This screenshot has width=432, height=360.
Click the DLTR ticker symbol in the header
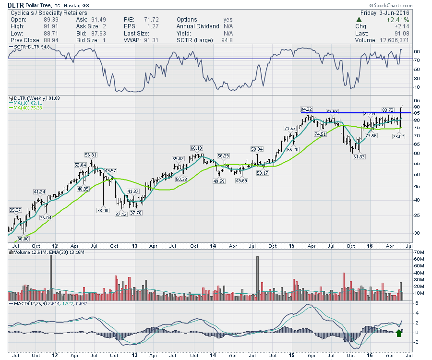[x=17, y=5]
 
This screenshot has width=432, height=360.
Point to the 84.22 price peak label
[x=306, y=109]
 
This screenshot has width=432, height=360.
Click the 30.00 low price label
[x=23, y=239]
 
